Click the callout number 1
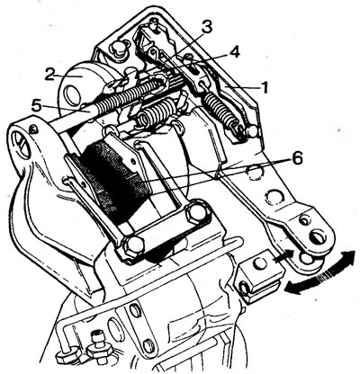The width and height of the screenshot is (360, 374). (264, 89)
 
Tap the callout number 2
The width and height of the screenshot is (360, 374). (49, 75)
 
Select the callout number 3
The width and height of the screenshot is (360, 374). (206, 28)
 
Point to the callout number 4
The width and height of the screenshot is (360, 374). (234, 53)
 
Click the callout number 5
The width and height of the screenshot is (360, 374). (36, 106)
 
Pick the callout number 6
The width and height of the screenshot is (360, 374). (297, 159)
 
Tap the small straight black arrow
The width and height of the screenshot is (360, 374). (283, 257)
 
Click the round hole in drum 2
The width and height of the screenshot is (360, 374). (72, 96)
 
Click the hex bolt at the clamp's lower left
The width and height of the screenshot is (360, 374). (132, 245)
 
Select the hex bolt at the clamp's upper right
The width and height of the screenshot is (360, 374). (196, 212)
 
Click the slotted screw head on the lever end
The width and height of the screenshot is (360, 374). (319, 238)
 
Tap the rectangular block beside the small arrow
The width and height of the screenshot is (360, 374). (260, 277)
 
